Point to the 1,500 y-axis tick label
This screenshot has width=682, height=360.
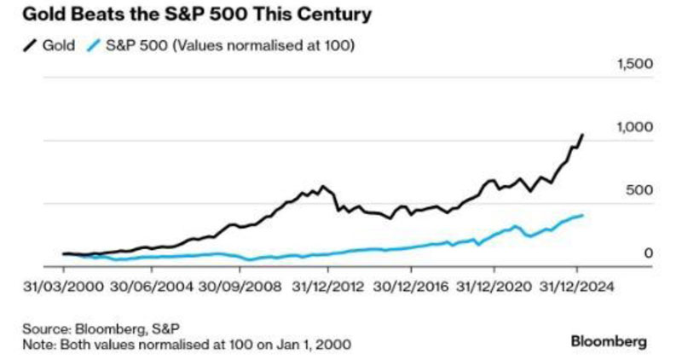(x=633, y=65)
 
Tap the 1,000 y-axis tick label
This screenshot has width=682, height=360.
(x=633, y=127)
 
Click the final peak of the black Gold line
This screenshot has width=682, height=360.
(x=583, y=134)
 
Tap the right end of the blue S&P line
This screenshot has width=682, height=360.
(x=583, y=215)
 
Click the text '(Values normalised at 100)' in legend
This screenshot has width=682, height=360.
(x=274, y=44)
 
